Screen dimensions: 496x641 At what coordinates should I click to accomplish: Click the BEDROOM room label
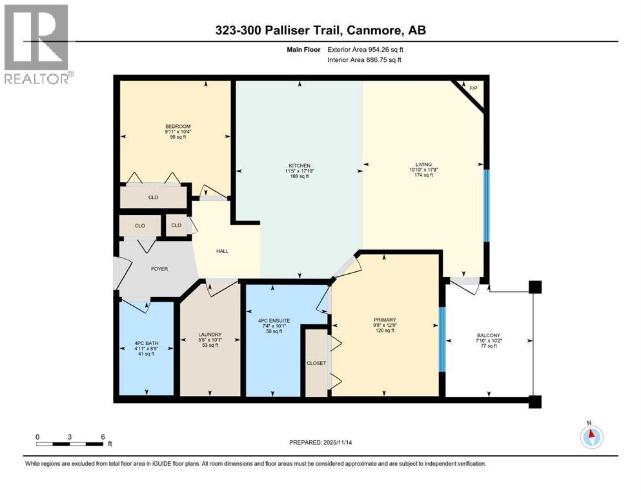point(178,127)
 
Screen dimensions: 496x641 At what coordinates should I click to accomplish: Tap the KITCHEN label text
point(298,165)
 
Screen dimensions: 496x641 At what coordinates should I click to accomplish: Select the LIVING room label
point(423,164)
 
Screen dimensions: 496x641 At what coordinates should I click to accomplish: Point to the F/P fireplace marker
point(473,88)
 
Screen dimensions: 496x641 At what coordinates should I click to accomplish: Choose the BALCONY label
point(488,335)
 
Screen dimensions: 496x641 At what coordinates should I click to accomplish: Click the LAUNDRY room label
point(210,335)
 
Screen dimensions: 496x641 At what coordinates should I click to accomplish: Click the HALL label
point(222,252)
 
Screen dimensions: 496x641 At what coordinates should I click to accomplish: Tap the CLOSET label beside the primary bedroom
point(316,363)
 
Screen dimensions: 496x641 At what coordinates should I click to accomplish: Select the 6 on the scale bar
point(103,437)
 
